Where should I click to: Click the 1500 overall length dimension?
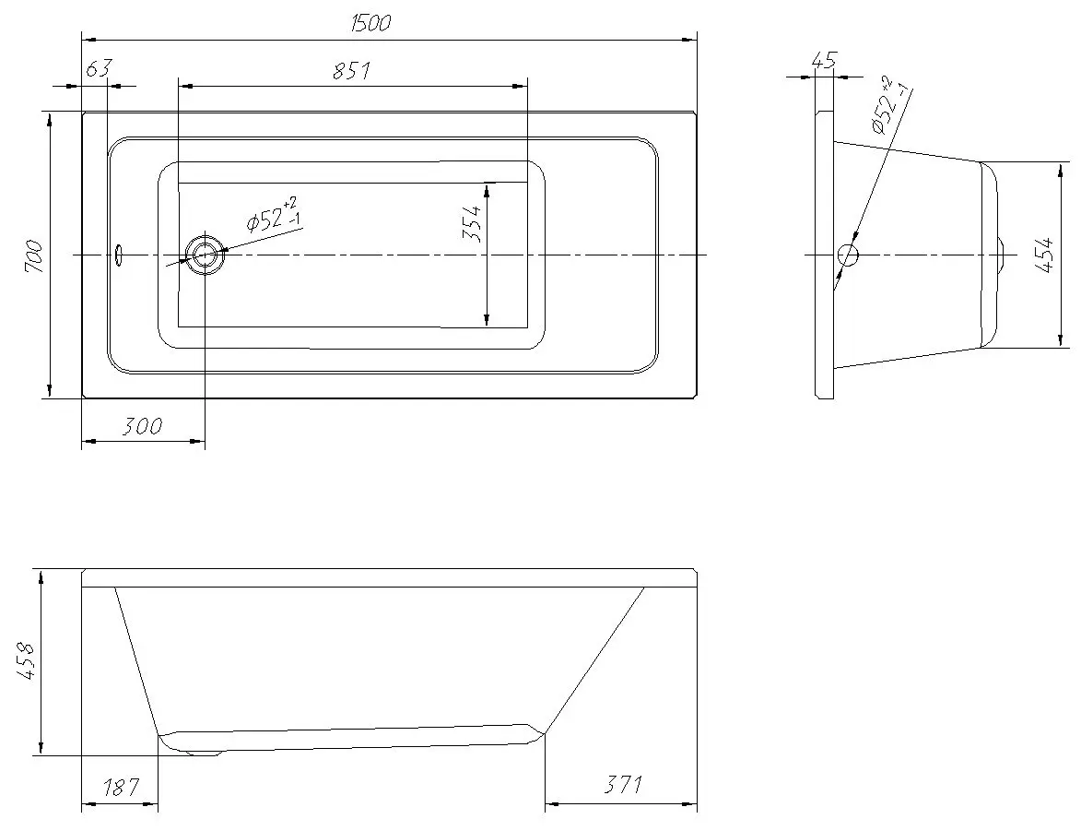click(x=370, y=24)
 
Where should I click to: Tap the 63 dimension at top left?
click(x=99, y=70)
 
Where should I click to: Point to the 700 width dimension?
click(x=32, y=255)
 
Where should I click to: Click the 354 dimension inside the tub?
click(x=472, y=222)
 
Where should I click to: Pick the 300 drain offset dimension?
click(x=142, y=426)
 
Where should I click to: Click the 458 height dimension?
click(x=27, y=661)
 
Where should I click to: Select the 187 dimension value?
click(x=120, y=787)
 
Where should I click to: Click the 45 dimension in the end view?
click(x=824, y=62)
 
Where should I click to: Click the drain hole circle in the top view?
click(x=205, y=254)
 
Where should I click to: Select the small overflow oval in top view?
click(x=118, y=254)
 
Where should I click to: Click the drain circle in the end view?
click(x=847, y=255)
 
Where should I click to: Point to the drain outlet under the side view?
click(x=205, y=753)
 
